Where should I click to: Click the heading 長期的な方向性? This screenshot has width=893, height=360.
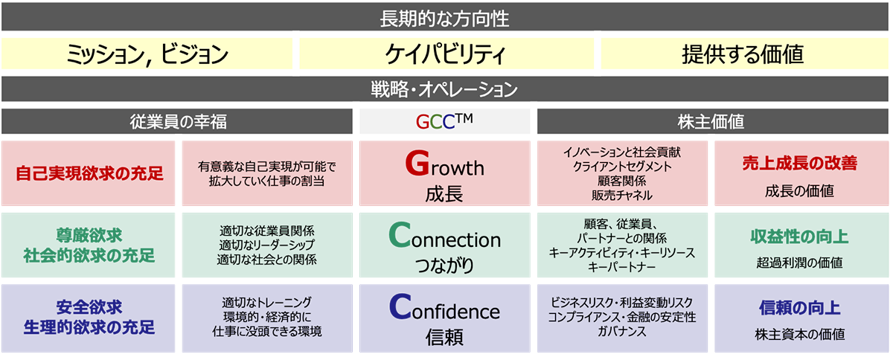444,19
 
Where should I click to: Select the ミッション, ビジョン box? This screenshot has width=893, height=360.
147,54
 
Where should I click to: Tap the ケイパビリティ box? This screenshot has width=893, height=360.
446,54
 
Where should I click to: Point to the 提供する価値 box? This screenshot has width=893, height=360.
745,54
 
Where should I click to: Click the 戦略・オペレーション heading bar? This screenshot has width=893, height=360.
445,89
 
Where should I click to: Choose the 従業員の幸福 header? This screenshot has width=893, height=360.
177,121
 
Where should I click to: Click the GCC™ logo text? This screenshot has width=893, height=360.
444,120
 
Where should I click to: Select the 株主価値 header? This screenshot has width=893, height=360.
711,121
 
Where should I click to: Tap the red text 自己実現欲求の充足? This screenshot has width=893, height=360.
89,173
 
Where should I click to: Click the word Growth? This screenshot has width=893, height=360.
444,164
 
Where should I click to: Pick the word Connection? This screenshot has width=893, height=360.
444,235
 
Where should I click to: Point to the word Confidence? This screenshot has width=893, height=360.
444,307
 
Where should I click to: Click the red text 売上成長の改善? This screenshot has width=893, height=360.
800,163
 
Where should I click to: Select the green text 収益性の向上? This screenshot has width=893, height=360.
800,237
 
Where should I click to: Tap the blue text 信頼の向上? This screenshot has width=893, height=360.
800,308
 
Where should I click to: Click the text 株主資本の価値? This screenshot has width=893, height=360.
800,334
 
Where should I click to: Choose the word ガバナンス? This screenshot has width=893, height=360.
622,331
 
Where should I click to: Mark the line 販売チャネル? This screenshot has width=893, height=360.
622,196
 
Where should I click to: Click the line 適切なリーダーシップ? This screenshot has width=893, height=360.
266,245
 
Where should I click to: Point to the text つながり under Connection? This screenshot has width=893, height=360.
444,265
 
